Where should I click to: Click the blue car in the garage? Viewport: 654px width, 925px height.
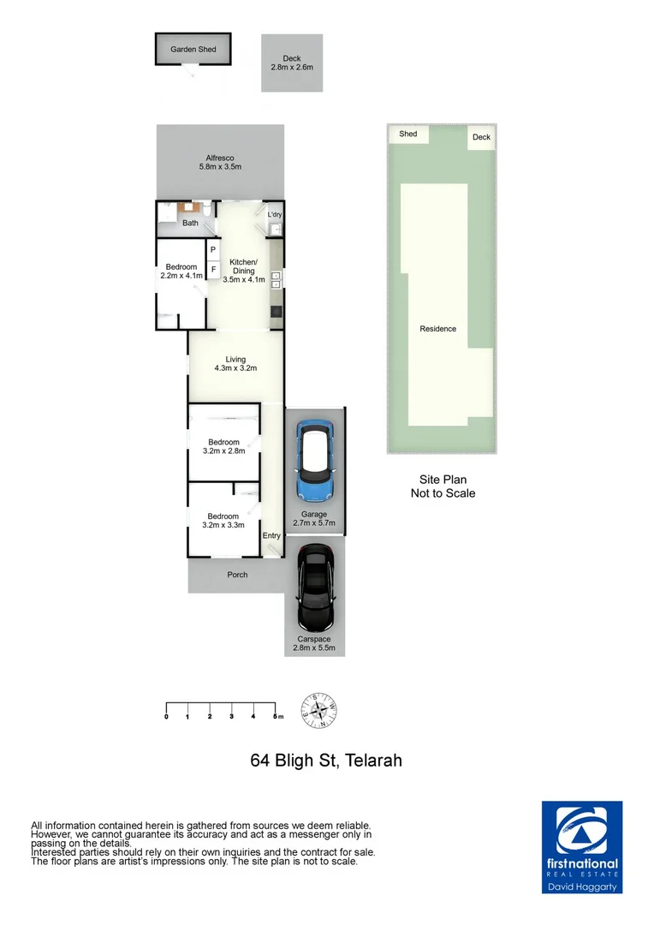point(314,462)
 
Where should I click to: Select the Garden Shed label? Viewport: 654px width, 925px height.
point(193,50)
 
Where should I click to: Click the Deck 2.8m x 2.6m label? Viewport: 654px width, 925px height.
point(292,63)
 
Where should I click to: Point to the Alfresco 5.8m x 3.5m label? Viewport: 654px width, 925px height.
point(220,162)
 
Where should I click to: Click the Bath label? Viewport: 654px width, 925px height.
point(190,224)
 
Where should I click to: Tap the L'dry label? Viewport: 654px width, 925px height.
point(274,215)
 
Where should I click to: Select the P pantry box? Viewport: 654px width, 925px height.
point(212,249)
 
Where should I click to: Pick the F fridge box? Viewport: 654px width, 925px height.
point(212,268)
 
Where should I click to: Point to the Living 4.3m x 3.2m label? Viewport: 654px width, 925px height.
point(235,364)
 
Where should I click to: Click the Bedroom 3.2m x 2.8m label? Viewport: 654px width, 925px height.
point(223,446)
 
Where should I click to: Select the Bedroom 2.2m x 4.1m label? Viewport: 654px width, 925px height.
point(181,272)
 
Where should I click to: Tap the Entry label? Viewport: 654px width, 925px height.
point(271,536)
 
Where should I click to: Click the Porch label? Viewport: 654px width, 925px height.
point(237,575)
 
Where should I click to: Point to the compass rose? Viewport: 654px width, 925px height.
point(318,710)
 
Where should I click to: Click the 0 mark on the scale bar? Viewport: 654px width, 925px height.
point(166,716)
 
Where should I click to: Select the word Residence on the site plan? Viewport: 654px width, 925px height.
point(437,329)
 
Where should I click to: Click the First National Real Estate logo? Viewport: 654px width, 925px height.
point(582,847)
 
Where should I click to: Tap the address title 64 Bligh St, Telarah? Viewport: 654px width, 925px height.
point(326,760)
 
